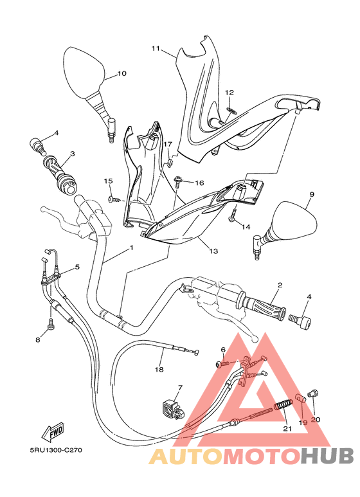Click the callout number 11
(155, 48)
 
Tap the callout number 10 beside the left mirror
(122, 73)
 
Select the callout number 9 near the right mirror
(312, 194)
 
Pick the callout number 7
(180, 388)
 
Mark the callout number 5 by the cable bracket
(77, 266)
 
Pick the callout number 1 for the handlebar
(130, 248)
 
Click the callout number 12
(230, 93)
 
